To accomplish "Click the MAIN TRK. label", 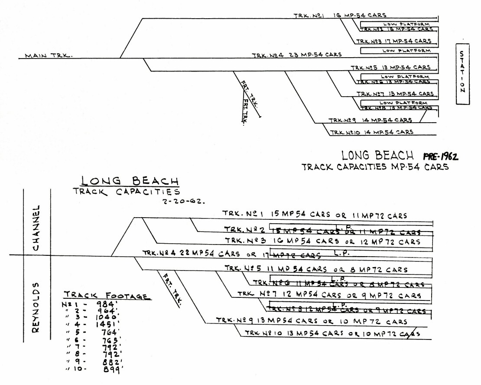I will click(x=48, y=55).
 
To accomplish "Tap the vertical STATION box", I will click(x=462, y=73).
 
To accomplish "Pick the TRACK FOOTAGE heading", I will click(x=107, y=296).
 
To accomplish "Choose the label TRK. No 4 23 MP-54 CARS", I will click(x=297, y=55).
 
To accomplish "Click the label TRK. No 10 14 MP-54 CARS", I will click(x=371, y=132).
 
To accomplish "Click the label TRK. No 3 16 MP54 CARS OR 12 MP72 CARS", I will click(x=322, y=240).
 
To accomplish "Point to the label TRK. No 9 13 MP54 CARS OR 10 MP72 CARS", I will click(x=312, y=321).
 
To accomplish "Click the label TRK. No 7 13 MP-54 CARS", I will click(x=395, y=94).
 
